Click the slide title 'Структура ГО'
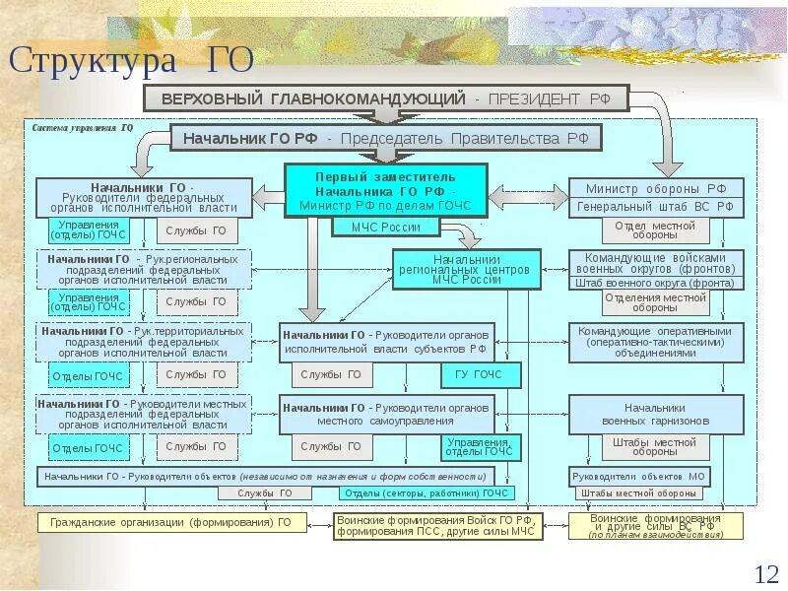tap(132, 60)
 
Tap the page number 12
tap(765, 573)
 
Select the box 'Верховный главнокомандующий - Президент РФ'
tap(385, 98)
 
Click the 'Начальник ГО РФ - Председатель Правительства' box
tap(385, 138)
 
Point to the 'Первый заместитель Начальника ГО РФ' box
tap(385, 189)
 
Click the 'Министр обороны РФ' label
tap(655, 188)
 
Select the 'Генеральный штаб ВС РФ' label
tap(655, 207)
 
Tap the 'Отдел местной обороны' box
tap(655, 230)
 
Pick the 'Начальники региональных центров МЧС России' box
tap(467, 269)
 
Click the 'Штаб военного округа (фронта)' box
tap(655, 283)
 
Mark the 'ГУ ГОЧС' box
tap(479, 375)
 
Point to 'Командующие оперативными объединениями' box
tap(655, 342)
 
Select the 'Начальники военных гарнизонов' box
tap(655, 414)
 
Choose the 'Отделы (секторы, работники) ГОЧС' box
tap(426, 492)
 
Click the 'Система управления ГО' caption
tap(83, 128)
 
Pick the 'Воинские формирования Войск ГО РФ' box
tap(448, 524)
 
